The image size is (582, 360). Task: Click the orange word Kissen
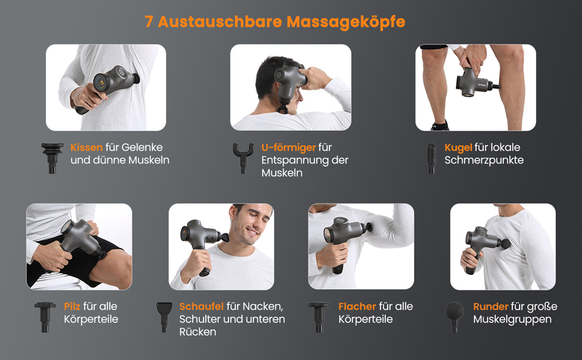tap(86, 148)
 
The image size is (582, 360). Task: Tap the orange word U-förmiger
tap(289, 148)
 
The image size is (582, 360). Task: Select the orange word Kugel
tap(458, 148)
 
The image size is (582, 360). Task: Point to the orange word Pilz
tap(72, 307)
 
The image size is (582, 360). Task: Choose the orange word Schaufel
tap(202, 307)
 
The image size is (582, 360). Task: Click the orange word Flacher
tap(357, 307)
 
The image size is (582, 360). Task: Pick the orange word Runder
tap(491, 307)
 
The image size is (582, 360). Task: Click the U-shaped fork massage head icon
tap(243, 158)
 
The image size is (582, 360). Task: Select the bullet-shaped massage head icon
tap(431, 158)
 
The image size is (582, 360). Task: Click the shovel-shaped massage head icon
tap(164, 317)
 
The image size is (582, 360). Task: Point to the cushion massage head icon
tap(52, 158)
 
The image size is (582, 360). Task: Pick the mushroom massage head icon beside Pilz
tap(45, 317)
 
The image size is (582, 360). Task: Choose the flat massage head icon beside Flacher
tap(319, 317)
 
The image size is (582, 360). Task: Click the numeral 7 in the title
tap(149, 22)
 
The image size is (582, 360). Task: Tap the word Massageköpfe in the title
tap(346, 22)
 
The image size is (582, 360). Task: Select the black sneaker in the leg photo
tap(440, 126)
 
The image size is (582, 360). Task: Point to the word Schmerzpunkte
tap(484, 160)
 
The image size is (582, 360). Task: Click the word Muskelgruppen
tap(512, 320)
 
